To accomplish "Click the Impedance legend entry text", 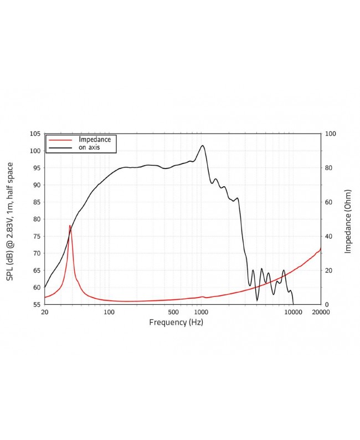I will click(95, 139).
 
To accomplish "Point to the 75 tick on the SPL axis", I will click(35, 236).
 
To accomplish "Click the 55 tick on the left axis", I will click(35, 304).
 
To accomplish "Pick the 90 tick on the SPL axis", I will click(35, 185).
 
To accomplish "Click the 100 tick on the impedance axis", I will click(330, 134).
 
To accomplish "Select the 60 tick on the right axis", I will click(328, 202).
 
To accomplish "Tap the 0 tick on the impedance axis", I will click(326, 304).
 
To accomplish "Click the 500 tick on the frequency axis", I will click(173, 313).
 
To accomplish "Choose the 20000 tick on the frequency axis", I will click(321, 313).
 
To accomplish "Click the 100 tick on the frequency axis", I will click(109, 313).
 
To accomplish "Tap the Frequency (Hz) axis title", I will click(176, 322).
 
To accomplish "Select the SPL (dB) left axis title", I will click(10, 221).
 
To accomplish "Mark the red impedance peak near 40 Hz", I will click(70, 226).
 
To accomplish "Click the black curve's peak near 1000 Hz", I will click(203, 146).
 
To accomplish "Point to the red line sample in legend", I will click(60, 140).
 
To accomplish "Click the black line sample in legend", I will click(60, 148).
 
